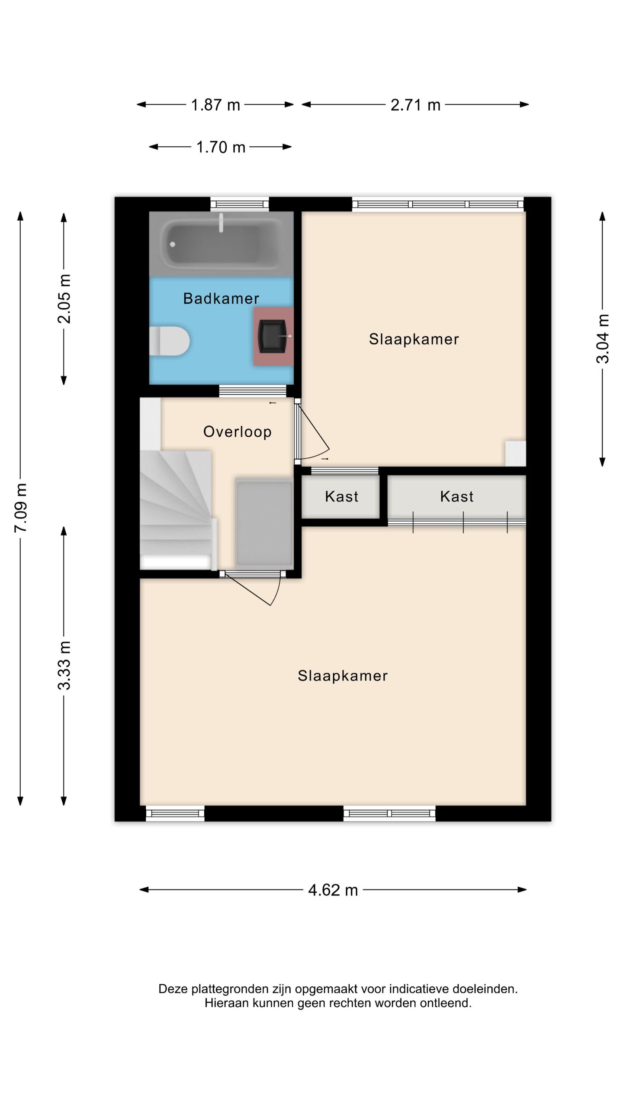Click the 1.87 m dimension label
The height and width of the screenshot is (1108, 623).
[x=215, y=105]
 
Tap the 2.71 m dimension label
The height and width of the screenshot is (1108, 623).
[x=415, y=105]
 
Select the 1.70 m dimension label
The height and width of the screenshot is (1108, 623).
[x=221, y=148]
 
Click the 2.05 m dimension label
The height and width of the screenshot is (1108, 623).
[x=64, y=299]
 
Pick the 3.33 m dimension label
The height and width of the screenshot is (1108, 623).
[x=64, y=665]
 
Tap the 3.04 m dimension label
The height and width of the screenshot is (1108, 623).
[x=603, y=339]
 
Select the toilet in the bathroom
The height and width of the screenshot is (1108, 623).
[x=169, y=341]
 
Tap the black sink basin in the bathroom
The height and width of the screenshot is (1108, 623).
[x=272, y=336]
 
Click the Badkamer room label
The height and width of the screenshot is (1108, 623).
[x=221, y=298]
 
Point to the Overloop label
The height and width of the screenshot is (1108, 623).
[x=238, y=432]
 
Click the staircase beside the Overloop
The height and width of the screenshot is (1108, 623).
[x=177, y=510]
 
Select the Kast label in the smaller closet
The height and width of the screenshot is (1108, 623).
[x=342, y=496]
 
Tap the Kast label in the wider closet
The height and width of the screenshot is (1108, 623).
[x=457, y=496]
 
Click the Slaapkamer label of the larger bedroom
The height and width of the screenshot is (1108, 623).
[x=343, y=676]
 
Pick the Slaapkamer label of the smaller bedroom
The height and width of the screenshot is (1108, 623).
[x=414, y=339]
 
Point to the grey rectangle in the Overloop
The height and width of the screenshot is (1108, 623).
[x=264, y=523]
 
